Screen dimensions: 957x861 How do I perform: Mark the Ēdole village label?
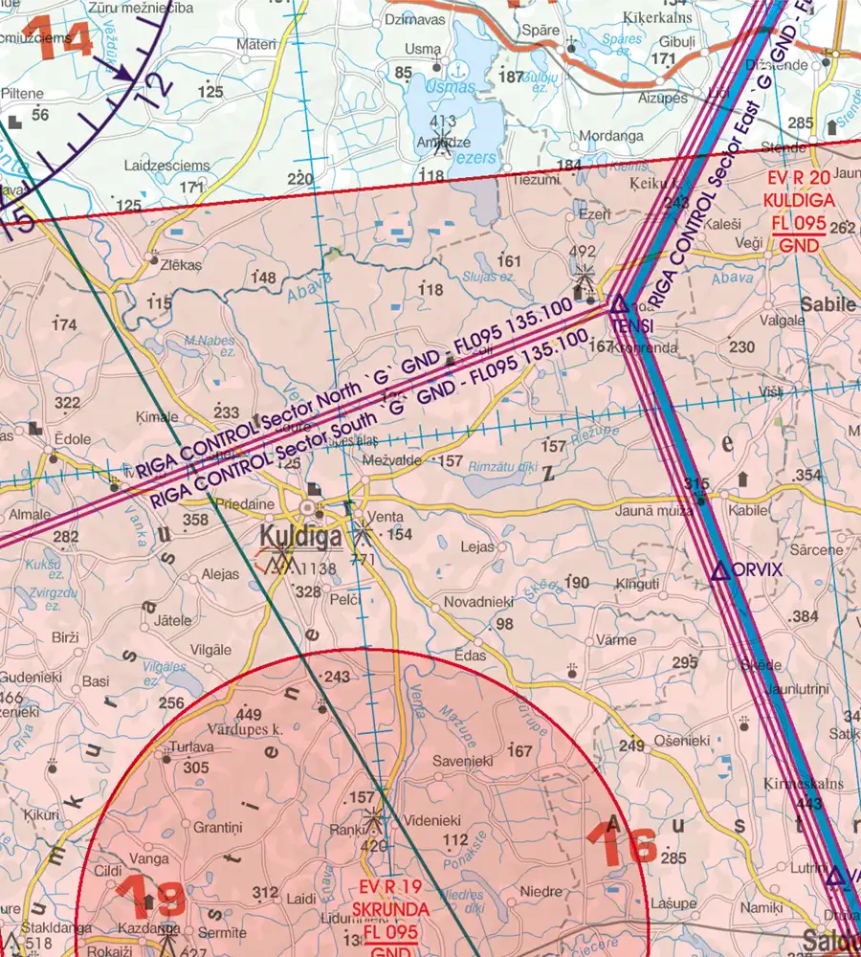pyautogui.click(x=73, y=438)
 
